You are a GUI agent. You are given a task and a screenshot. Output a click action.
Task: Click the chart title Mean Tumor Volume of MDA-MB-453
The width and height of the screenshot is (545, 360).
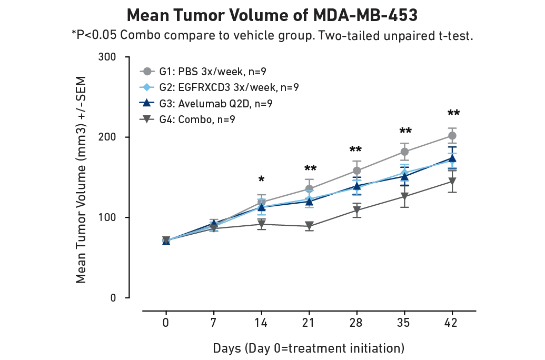272,15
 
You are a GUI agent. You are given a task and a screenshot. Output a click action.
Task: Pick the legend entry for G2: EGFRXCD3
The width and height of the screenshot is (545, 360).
219,87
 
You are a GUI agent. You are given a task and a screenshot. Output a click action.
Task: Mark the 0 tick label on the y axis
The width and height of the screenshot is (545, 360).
113,298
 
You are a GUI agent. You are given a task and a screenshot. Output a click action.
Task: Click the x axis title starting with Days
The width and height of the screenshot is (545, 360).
309,348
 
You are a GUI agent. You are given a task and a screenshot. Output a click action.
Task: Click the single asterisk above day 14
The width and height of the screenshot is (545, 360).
261,180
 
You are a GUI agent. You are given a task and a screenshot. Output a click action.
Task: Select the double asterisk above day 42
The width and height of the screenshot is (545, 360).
453,113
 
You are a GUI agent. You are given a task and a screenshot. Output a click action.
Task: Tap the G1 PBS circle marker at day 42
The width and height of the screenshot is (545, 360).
452,136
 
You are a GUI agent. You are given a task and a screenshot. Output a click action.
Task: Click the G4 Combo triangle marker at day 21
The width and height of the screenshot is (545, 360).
309,226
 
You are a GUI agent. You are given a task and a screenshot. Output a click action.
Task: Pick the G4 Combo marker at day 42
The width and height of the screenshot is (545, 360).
452,182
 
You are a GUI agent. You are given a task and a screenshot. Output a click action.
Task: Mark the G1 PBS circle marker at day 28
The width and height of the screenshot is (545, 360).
356,171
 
